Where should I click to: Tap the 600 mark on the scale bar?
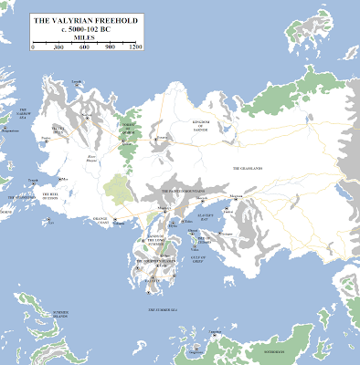point(84,46)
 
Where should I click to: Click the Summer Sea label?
point(160,311)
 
